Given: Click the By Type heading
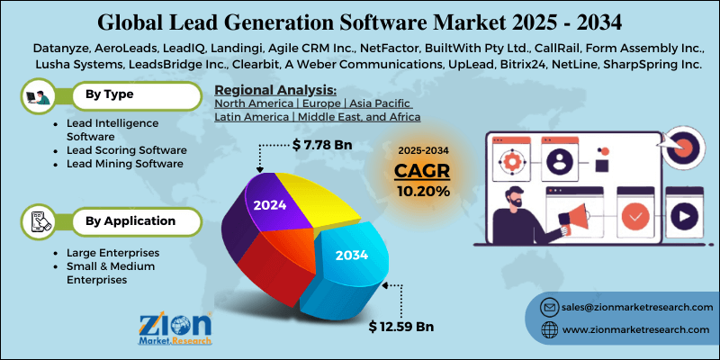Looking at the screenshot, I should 110,94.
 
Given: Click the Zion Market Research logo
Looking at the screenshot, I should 175,329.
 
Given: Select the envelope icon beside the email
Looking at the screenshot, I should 548,309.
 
